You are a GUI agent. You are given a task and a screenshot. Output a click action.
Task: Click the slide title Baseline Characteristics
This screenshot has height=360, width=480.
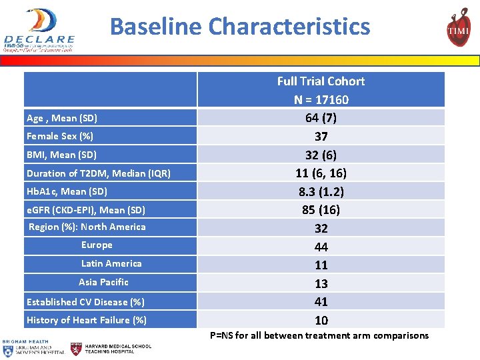tap(239, 27)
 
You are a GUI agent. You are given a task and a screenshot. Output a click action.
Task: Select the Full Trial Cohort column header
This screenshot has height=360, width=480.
tap(321, 81)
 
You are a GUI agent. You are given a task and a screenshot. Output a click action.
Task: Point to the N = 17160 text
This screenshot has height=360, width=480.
tap(321, 100)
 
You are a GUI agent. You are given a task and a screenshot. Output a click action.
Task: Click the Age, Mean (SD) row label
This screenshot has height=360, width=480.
tap(62, 118)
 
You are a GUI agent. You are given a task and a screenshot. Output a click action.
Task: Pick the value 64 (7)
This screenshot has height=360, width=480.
tap(321, 118)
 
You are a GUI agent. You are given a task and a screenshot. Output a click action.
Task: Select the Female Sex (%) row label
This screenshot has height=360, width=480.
tap(60, 136)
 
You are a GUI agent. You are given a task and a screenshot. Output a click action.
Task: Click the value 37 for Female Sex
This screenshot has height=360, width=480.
tap(321, 137)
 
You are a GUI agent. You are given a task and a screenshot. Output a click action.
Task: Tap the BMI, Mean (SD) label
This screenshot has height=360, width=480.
tap(61, 155)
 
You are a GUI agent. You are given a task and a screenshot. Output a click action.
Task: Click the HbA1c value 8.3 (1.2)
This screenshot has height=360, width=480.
tap(321, 191)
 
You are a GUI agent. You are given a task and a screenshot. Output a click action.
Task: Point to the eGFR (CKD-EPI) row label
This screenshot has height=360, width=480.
tap(86, 210)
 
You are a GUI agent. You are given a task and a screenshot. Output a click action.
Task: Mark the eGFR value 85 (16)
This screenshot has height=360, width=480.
tap(321, 210)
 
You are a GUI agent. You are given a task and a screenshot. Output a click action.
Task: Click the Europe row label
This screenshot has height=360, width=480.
tap(97, 245)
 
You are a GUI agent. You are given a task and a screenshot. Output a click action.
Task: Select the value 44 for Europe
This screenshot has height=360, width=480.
tap(321, 247)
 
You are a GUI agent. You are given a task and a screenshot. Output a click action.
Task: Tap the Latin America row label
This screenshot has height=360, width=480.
tap(111, 263)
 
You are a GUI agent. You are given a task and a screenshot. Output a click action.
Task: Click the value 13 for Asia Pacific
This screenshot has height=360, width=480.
tap(321, 283)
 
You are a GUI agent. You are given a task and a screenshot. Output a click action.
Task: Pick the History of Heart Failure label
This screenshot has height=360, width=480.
tap(87, 320)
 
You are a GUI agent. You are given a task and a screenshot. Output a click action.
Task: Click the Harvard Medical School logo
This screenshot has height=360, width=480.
tap(111, 348)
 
